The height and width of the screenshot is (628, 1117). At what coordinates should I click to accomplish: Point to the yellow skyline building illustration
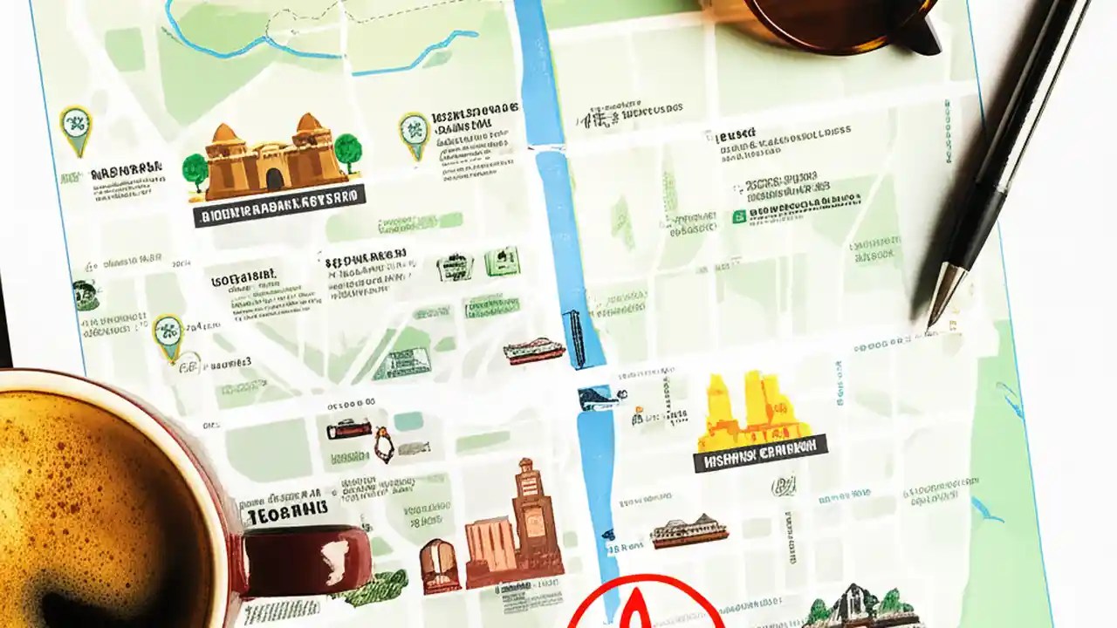tap(753, 410)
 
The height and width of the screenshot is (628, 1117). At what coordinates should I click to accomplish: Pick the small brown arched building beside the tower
tap(439, 564)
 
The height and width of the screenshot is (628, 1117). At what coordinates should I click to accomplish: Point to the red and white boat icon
tap(534, 351)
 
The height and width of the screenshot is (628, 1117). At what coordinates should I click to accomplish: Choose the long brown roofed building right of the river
tap(689, 530)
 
